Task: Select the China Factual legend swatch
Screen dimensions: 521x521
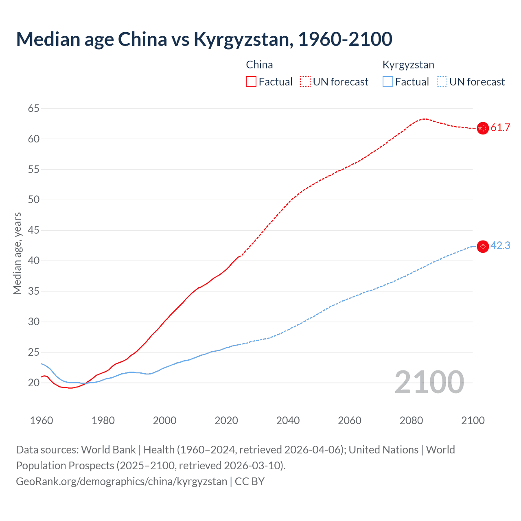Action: (x=251, y=82)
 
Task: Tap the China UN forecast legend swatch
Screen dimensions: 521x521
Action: (x=305, y=82)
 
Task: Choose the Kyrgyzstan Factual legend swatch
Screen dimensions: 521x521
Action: (x=388, y=82)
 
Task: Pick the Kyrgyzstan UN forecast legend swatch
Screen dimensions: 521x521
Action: (x=442, y=82)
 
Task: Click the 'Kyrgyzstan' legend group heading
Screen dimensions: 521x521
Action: (x=408, y=65)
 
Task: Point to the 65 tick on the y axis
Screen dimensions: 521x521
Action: (x=34, y=108)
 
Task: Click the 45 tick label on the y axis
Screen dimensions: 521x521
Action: (x=34, y=230)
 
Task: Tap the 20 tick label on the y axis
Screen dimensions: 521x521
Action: (x=34, y=383)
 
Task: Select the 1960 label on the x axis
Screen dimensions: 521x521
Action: (x=42, y=420)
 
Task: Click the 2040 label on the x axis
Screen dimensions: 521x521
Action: (x=288, y=420)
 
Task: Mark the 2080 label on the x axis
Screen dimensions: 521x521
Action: (x=411, y=420)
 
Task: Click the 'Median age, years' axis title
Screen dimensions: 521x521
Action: (x=17, y=253)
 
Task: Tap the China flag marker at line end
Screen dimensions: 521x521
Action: (x=483, y=128)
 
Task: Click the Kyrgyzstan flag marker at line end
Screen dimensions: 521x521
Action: (x=483, y=246)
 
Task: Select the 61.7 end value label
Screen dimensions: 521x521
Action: (x=500, y=128)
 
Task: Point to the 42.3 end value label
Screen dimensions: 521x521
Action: (x=500, y=246)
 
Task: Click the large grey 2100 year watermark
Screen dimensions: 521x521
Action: (x=429, y=382)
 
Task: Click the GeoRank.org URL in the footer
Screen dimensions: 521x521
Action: (x=121, y=482)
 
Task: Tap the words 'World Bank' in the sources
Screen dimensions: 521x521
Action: (x=108, y=450)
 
